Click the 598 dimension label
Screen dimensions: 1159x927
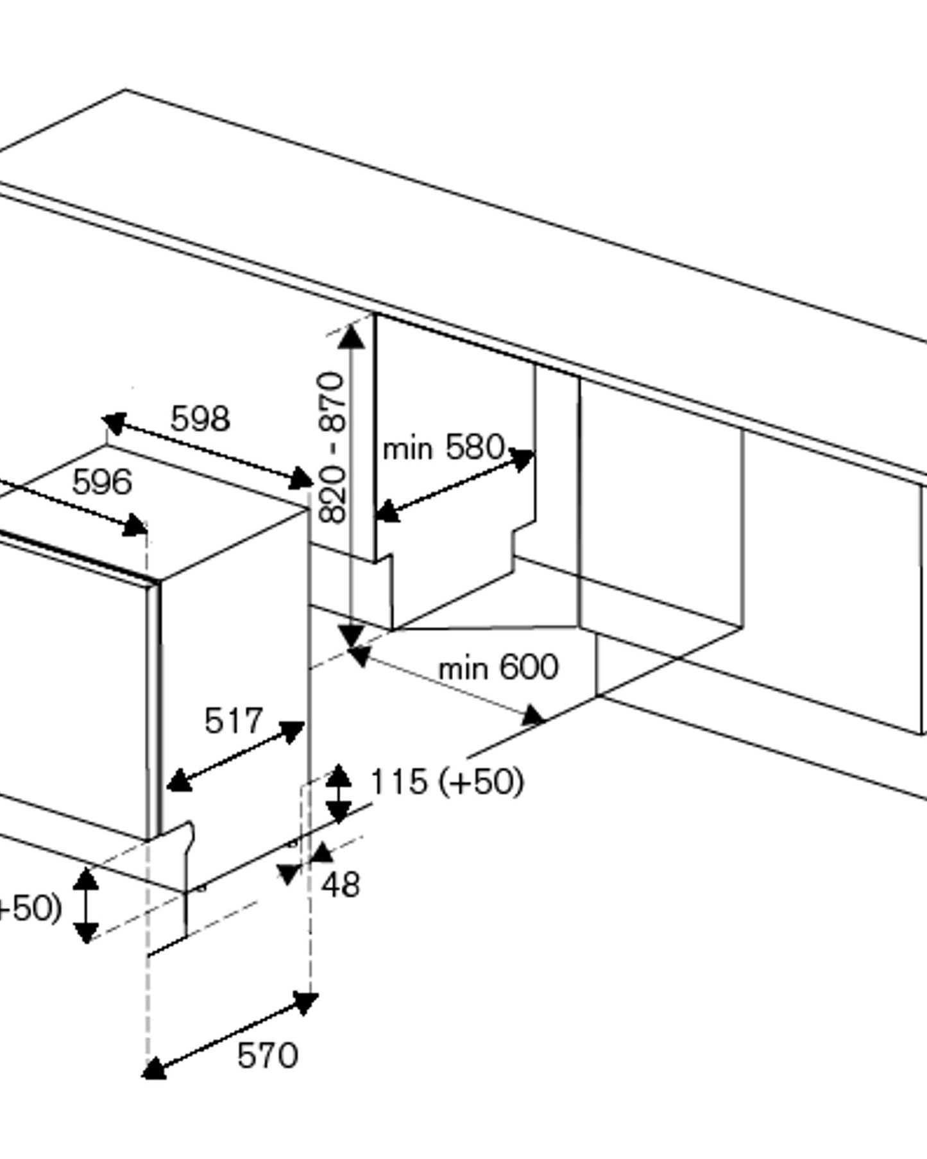[200, 419]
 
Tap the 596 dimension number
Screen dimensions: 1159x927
[101, 482]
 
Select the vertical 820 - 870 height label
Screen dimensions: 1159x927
[332, 449]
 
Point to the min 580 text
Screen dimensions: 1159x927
[443, 447]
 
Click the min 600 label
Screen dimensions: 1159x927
[498, 667]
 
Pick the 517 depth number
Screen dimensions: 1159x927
[234, 721]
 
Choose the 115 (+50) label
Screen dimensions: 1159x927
[447, 781]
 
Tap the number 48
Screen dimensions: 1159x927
[341, 885]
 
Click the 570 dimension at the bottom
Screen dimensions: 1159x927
[268, 1055]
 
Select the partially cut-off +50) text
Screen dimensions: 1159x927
[29, 908]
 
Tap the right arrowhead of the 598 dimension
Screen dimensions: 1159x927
[303, 479]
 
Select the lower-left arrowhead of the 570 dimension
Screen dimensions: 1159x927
[154, 1069]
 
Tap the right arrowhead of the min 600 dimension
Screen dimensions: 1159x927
[534, 715]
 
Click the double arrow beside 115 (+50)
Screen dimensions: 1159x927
[339, 793]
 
